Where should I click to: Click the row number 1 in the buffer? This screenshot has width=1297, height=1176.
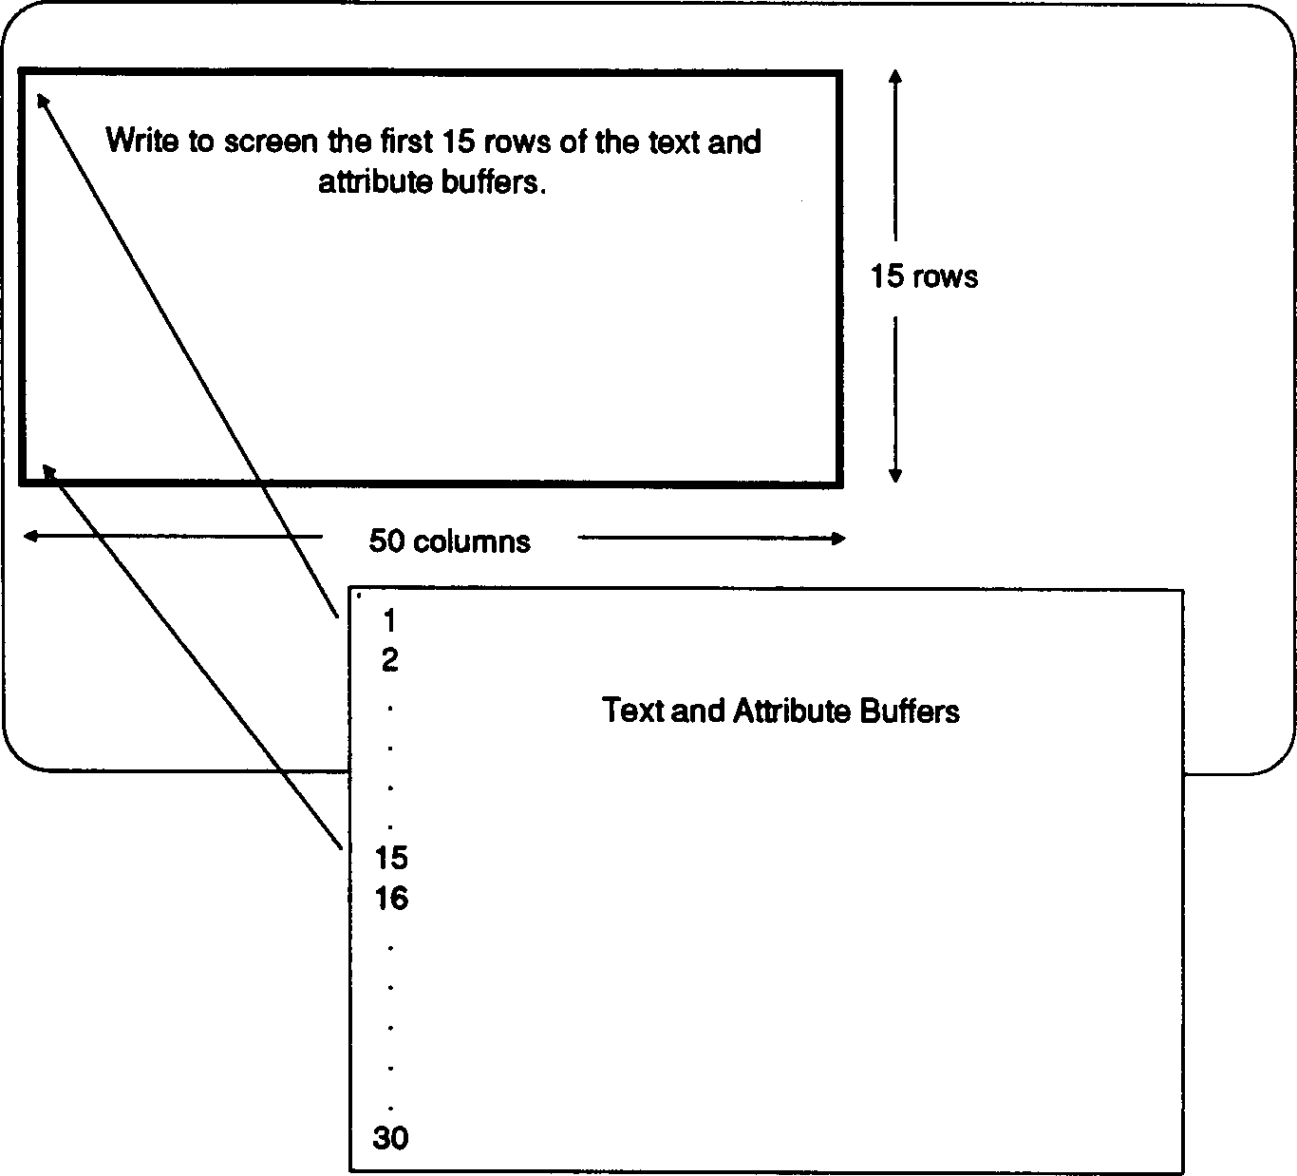click(x=389, y=621)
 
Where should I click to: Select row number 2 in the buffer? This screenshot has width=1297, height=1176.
click(x=389, y=660)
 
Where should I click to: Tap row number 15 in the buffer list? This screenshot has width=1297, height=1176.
click(x=390, y=858)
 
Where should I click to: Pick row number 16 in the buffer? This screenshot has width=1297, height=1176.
click(x=390, y=898)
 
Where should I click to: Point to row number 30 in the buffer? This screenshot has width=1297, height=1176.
click(x=390, y=1137)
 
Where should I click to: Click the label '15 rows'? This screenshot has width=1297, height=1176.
click(x=924, y=276)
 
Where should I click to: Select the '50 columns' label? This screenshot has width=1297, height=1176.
click(x=449, y=541)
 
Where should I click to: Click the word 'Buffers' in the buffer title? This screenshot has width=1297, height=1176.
click(x=909, y=711)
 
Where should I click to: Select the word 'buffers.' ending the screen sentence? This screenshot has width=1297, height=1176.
click(x=494, y=181)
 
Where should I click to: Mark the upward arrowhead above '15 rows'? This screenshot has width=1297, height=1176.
click(x=894, y=76)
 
